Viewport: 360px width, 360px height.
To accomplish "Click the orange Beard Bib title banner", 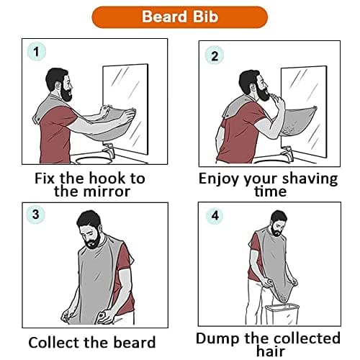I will tap(180, 17).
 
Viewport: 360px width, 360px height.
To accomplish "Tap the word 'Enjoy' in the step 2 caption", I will tap(220, 179).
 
